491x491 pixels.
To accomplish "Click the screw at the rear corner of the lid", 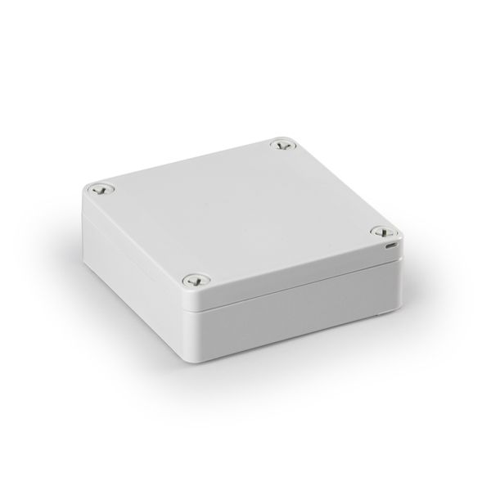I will coord(283,146).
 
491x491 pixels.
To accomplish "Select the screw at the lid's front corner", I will coord(193,280).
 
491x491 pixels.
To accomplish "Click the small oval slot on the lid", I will coord(391,244).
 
